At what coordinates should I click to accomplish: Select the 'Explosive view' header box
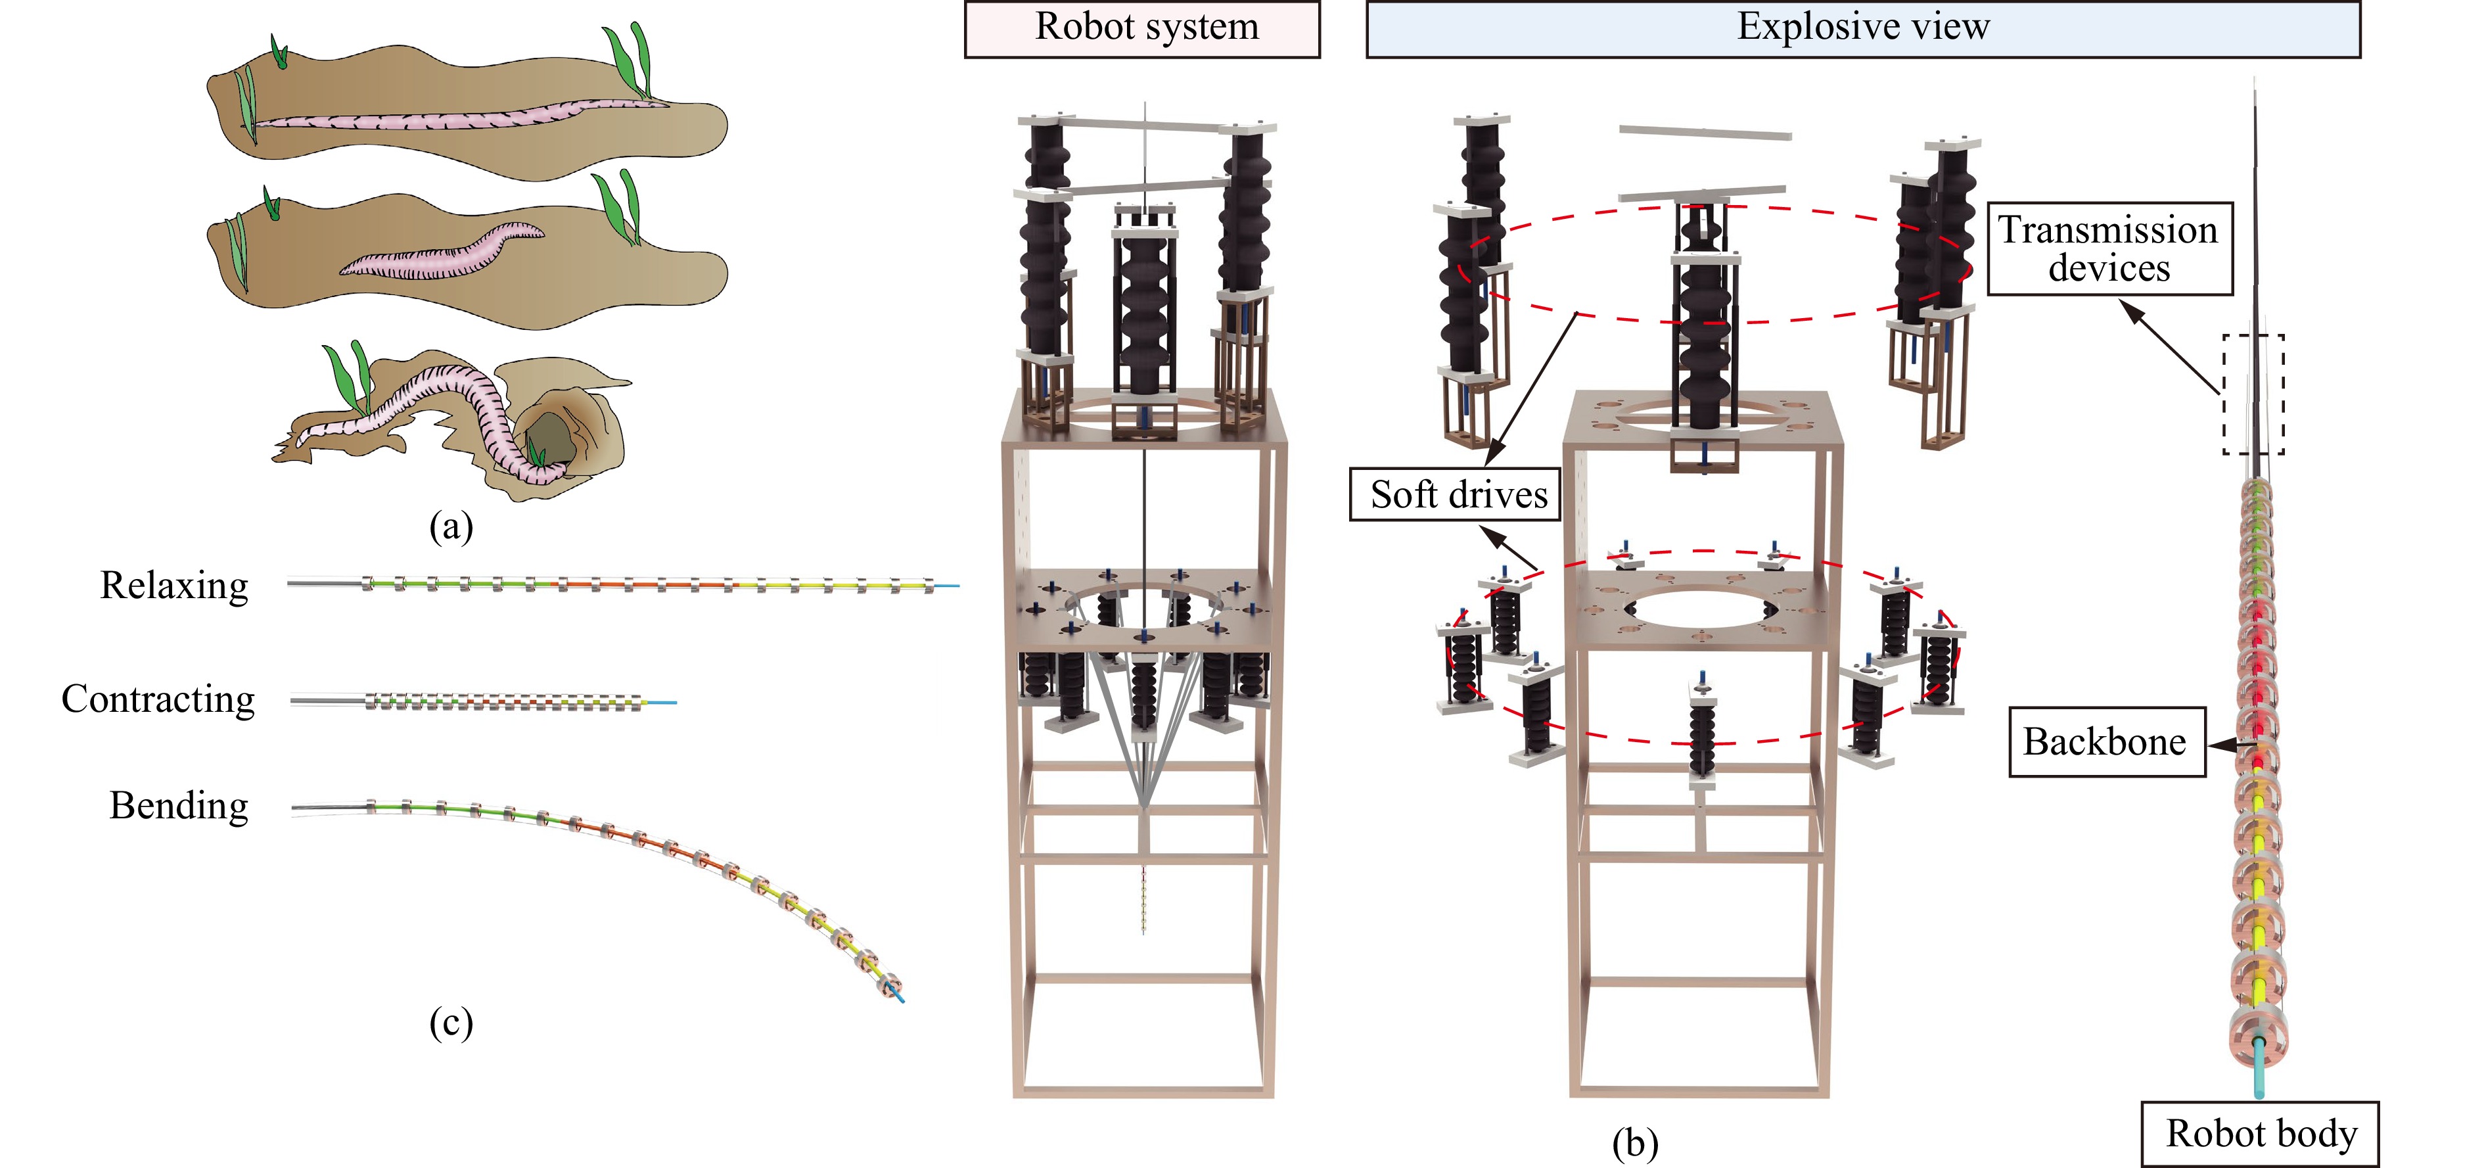click(1862, 29)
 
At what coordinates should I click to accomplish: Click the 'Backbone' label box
click(2106, 741)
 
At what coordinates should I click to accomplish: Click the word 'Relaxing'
click(175, 586)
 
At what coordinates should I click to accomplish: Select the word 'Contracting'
click(158, 699)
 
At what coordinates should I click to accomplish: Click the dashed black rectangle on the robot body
click(2253, 394)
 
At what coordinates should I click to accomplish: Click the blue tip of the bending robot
click(899, 996)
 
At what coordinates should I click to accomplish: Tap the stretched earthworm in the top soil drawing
click(463, 118)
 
